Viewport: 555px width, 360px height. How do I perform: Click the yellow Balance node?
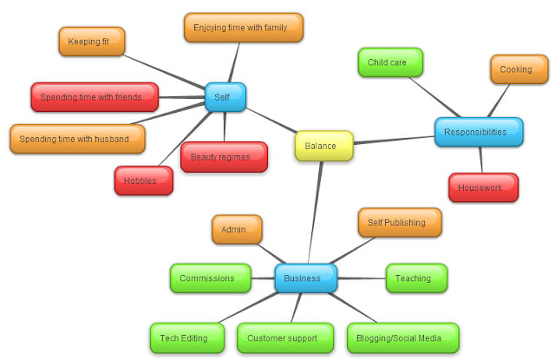tap(323, 146)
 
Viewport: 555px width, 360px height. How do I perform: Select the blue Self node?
tap(225, 97)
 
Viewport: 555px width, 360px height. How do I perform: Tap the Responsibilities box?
tap(479, 132)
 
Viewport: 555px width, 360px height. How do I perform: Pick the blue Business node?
tap(306, 278)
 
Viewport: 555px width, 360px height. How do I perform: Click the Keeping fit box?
tap(92, 42)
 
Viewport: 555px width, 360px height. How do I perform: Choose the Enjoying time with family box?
tap(244, 28)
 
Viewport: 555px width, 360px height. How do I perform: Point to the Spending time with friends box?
tap(95, 97)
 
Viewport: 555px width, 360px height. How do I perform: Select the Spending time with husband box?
tap(77, 139)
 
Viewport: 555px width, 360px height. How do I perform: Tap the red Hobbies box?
tap(144, 180)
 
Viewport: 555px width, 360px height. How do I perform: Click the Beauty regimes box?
tap(224, 157)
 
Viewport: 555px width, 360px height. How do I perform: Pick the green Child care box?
tap(390, 62)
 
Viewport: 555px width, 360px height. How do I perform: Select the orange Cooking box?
tap(519, 69)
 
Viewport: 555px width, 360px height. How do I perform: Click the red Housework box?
tap(483, 187)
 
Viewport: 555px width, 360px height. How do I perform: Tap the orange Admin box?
tap(237, 229)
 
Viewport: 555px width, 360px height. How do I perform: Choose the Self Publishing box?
tap(400, 222)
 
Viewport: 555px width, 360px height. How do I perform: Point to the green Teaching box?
tap(416, 278)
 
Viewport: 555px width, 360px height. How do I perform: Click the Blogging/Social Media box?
tap(403, 338)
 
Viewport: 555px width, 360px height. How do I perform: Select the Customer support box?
tap(285, 338)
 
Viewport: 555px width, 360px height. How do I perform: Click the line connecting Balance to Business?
tap(315, 213)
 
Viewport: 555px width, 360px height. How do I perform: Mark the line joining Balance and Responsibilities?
tap(394, 140)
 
